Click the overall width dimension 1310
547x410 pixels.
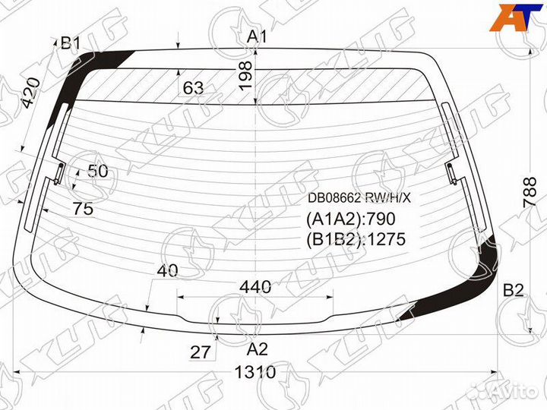[x=256, y=372]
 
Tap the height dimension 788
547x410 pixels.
[x=530, y=192]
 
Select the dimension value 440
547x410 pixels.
[x=255, y=286]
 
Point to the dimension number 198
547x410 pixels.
[x=245, y=76]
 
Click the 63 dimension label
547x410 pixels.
[x=193, y=88]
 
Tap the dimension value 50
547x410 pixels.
[x=98, y=171]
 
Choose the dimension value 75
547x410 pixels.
[x=84, y=209]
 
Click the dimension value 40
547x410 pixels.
[x=167, y=270]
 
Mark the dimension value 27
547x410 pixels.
[x=201, y=352]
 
